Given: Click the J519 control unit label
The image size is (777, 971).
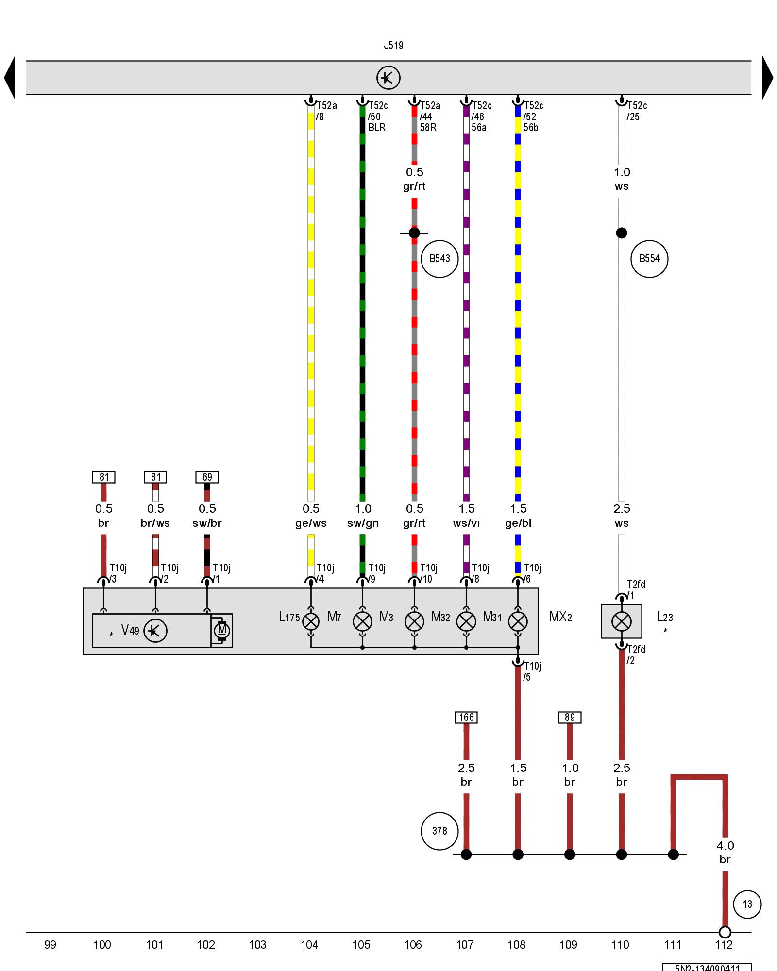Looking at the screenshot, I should [x=393, y=45].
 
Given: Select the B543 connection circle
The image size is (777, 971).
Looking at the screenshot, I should [x=439, y=259].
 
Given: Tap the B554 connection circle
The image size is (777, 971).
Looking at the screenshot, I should [x=649, y=259].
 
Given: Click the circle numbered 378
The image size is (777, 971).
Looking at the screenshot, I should [x=439, y=831].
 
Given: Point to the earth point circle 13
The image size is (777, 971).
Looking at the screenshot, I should [x=747, y=904].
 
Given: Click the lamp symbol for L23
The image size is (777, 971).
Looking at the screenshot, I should [x=622, y=621].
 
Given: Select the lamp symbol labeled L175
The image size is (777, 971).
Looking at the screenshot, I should [x=311, y=621].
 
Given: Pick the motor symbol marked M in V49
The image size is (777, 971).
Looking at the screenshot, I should [x=222, y=631].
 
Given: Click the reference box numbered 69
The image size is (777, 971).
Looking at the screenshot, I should [x=207, y=477].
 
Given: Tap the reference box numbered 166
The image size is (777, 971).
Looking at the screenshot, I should [x=466, y=718].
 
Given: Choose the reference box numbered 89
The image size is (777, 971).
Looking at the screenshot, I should [x=570, y=718].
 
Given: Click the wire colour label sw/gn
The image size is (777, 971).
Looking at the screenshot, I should [x=363, y=523].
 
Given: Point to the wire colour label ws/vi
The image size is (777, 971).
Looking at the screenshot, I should [x=466, y=523].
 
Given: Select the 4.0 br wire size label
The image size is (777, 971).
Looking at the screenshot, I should [x=725, y=853].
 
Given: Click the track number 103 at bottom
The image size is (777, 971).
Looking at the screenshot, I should [x=257, y=945].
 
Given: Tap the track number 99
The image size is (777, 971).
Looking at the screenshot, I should [x=50, y=945].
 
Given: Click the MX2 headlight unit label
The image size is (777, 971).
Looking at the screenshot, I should [x=560, y=617].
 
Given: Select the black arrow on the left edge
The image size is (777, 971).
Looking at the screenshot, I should [x=10, y=78].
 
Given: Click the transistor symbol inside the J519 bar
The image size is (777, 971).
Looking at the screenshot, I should [x=388, y=78].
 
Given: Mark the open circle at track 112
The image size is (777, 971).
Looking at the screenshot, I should [x=725, y=932].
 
